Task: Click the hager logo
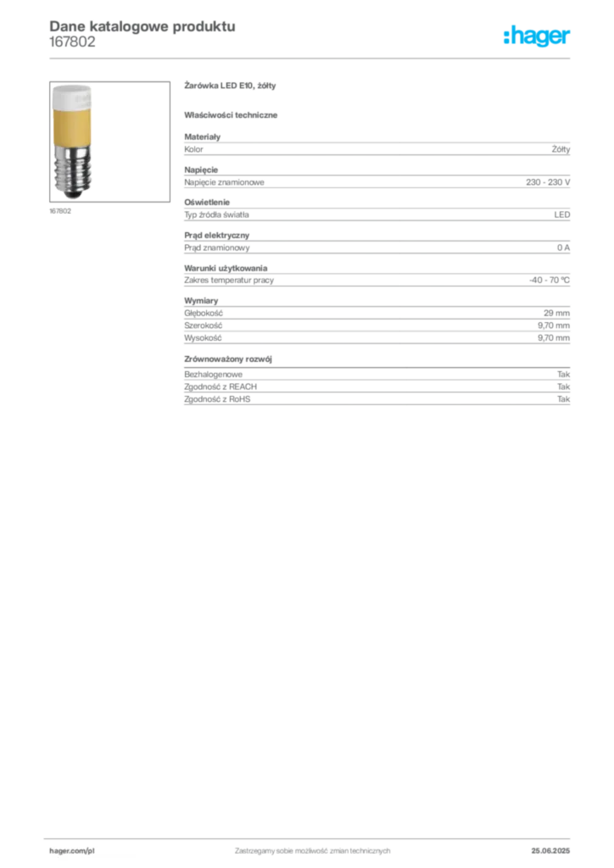point(536,36)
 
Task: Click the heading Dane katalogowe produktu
point(142,26)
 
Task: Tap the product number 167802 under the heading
point(72,42)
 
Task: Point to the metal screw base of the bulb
point(73,173)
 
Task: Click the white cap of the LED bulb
point(72,97)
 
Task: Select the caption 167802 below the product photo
point(60,211)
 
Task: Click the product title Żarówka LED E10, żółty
point(230,86)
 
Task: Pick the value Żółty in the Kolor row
point(561,149)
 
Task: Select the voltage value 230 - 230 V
point(548,182)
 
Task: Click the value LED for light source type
point(562,214)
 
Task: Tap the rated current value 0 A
point(563,248)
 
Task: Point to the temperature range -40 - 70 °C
point(550,280)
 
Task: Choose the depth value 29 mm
point(556,314)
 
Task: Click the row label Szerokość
point(204,325)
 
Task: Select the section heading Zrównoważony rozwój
point(228,359)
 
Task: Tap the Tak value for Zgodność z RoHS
point(564,399)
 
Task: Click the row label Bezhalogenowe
point(213,375)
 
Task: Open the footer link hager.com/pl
point(72,851)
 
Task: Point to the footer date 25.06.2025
point(550,851)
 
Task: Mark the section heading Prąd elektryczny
point(217,236)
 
